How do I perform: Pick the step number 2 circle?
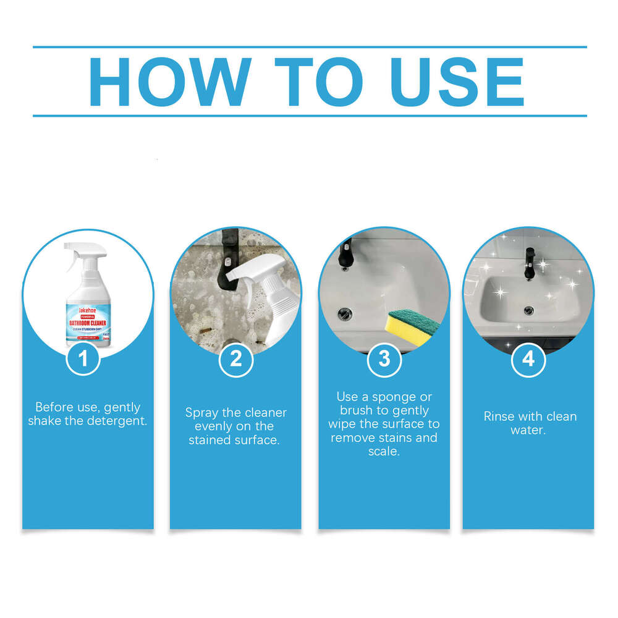click(x=235, y=359)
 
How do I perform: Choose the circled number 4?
click(x=528, y=359)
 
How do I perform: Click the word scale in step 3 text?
click(x=384, y=451)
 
